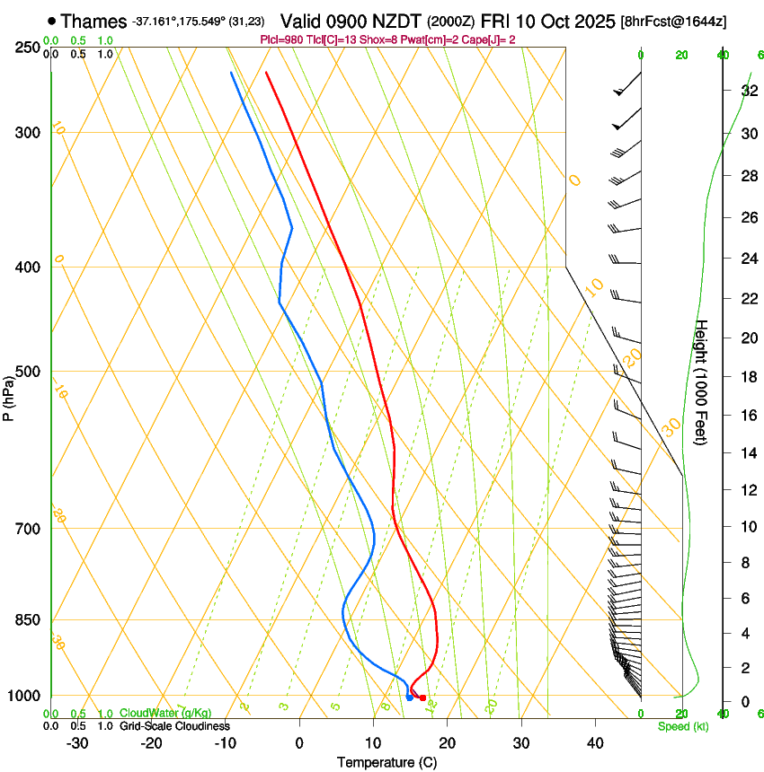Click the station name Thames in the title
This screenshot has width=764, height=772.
click(93, 21)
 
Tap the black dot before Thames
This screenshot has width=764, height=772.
click(51, 21)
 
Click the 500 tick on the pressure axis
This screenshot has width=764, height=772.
click(28, 372)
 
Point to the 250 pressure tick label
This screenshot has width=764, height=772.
click(28, 48)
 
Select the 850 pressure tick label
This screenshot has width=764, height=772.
click(28, 620)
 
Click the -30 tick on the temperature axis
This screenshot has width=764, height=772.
click(77, 743)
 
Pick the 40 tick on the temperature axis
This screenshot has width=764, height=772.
click(595, 743)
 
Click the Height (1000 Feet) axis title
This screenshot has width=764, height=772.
click(702, 382)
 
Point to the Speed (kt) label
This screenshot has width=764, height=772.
click(683, 726)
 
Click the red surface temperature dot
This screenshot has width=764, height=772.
click(423, 697)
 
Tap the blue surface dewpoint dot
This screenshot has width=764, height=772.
click(409, 697)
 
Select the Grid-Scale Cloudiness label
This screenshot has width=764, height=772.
click(174, 725)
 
